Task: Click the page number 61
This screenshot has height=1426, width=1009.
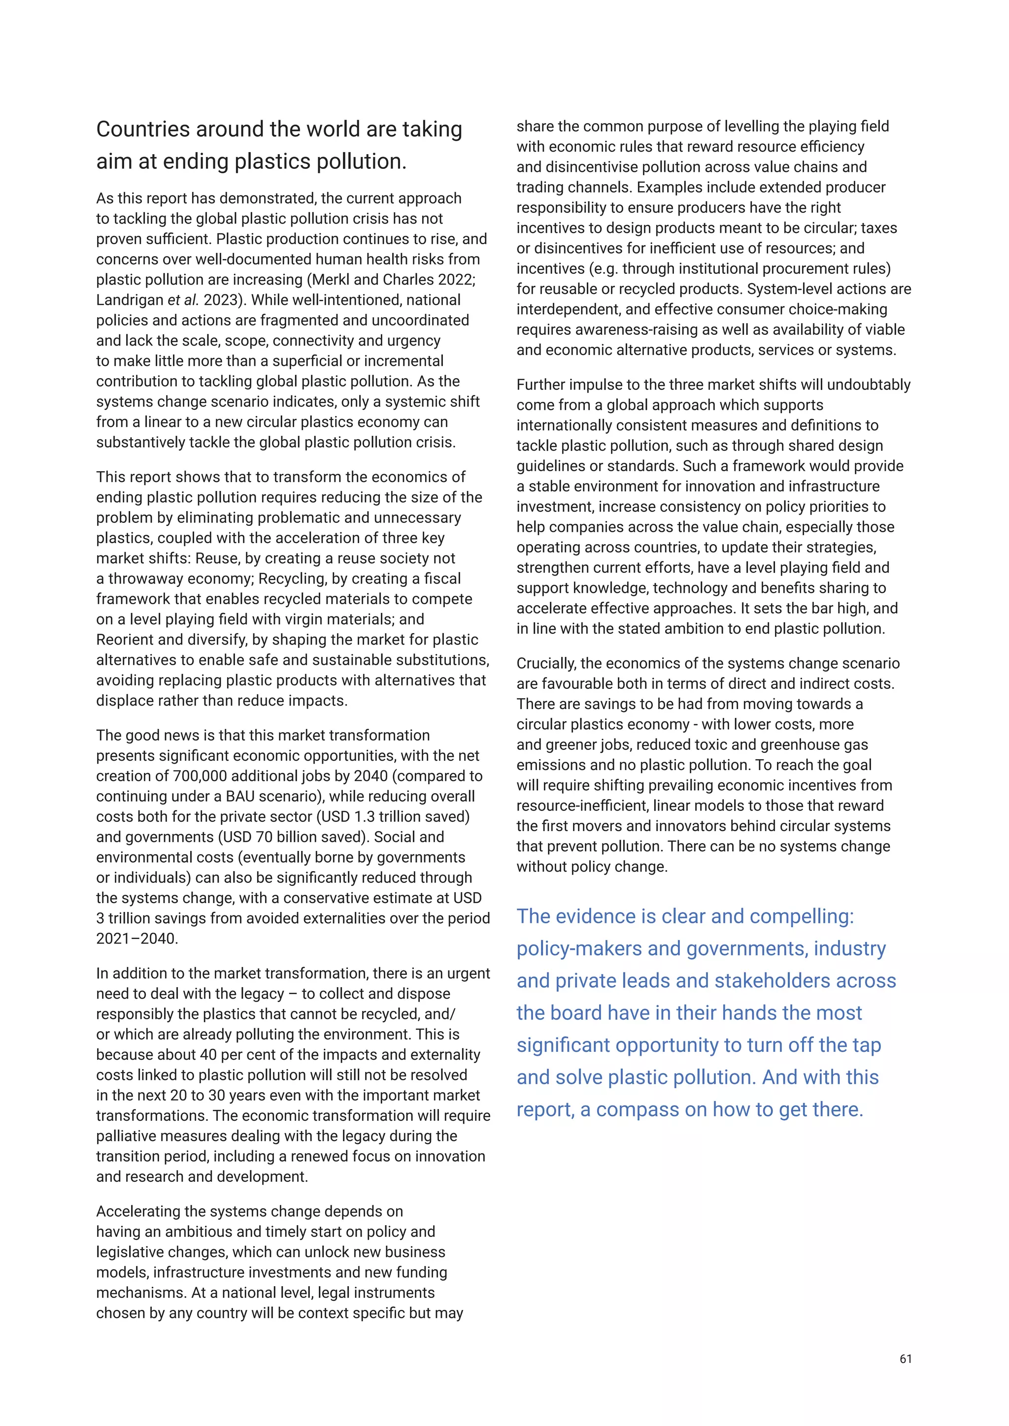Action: [x=905, y=1359]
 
